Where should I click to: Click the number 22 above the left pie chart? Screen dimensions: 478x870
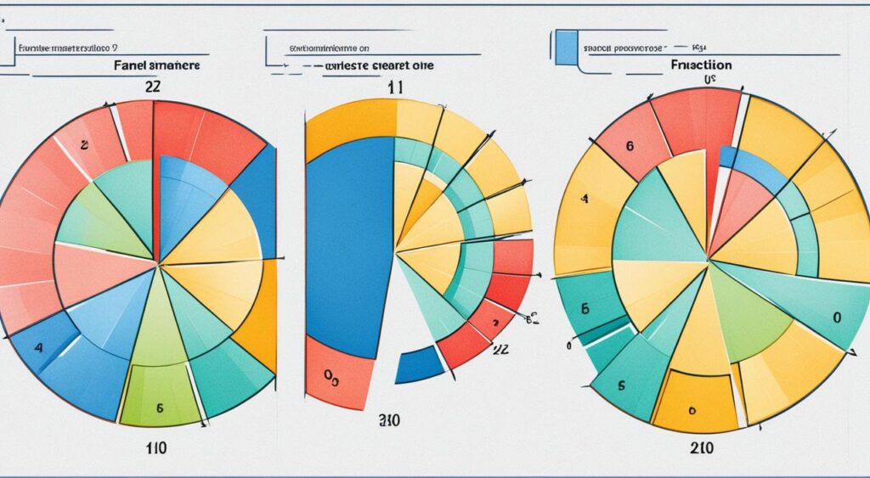tap(153, 85)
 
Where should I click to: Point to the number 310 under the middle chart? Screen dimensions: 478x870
tap(390, 419)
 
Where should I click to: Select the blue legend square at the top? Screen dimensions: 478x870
tap(565, 47)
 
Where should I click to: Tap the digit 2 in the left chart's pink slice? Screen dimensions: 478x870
tap(84, 144)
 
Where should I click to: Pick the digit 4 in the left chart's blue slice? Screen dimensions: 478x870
tap(38, 347)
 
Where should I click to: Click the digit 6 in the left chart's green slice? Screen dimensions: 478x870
tap(159, 408)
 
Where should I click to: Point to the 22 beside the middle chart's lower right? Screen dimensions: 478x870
tap(500, 347)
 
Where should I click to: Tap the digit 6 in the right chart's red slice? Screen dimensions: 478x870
tap(629, 145)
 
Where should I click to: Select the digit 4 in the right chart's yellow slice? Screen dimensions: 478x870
tap(585, 200)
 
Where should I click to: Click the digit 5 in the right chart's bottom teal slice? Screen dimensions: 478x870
tap(620, 385)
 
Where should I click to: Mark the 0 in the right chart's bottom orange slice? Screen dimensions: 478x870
tap(692, 409)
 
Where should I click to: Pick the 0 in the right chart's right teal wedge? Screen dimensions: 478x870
tap(836, 318)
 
